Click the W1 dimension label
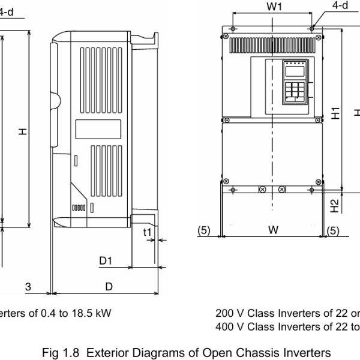click(x=274, y=7)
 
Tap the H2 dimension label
click(x=335, y=206)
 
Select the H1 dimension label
click(x=335, y=113)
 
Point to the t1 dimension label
click(x=147, y=232)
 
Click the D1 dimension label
click(x=106, y=261)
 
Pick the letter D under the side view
click(x=109, y=287)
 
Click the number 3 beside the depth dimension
click(x=28, y=287)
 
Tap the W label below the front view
click(x=273, y=230)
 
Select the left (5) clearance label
click(x=204, y=230)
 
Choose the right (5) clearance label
click(x=333, y=231)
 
